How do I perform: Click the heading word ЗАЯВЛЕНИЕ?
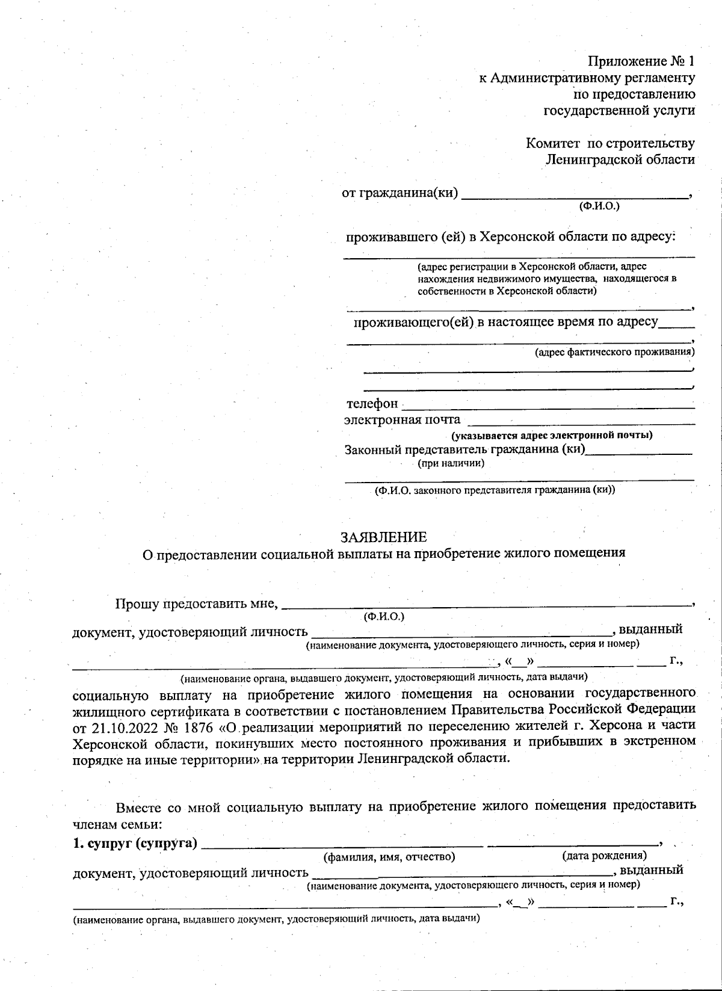(x=383, y=537)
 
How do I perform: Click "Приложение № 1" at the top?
(x=641, y=61)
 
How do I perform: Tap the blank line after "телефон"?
(x=548, y=407)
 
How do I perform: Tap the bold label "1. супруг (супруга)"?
(x=135, y=843)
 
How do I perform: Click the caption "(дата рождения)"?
(x=604, y=855)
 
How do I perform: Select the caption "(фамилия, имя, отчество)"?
(x=389, y=856)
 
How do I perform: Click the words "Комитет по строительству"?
(x=610, y=143)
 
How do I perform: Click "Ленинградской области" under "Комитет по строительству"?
(x=620, y=159)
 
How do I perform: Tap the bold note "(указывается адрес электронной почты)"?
(x=552, y=435)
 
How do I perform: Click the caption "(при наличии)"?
(x=451, y=463)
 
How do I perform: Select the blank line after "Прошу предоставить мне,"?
(x=486, y=604)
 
